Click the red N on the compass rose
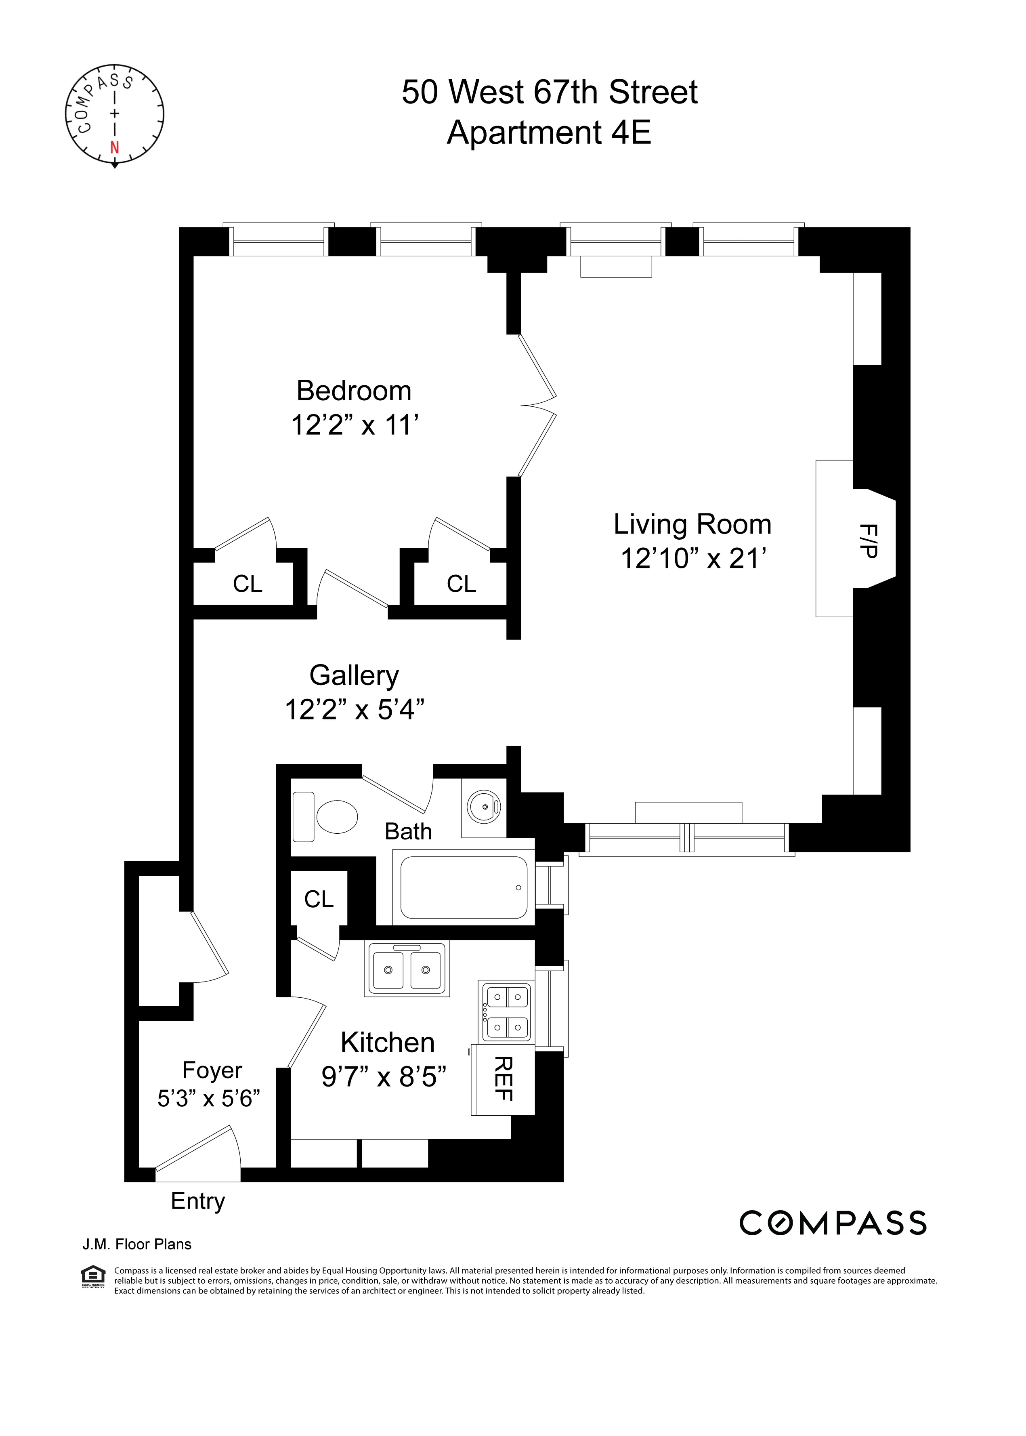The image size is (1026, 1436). (114, 148)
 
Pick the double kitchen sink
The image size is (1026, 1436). (407, 969)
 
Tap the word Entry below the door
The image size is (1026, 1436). (198, 1201)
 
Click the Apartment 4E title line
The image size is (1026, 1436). (549, 133)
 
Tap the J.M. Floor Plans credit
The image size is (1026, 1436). (136, 1245)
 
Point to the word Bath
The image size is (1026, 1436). (408, 832)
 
